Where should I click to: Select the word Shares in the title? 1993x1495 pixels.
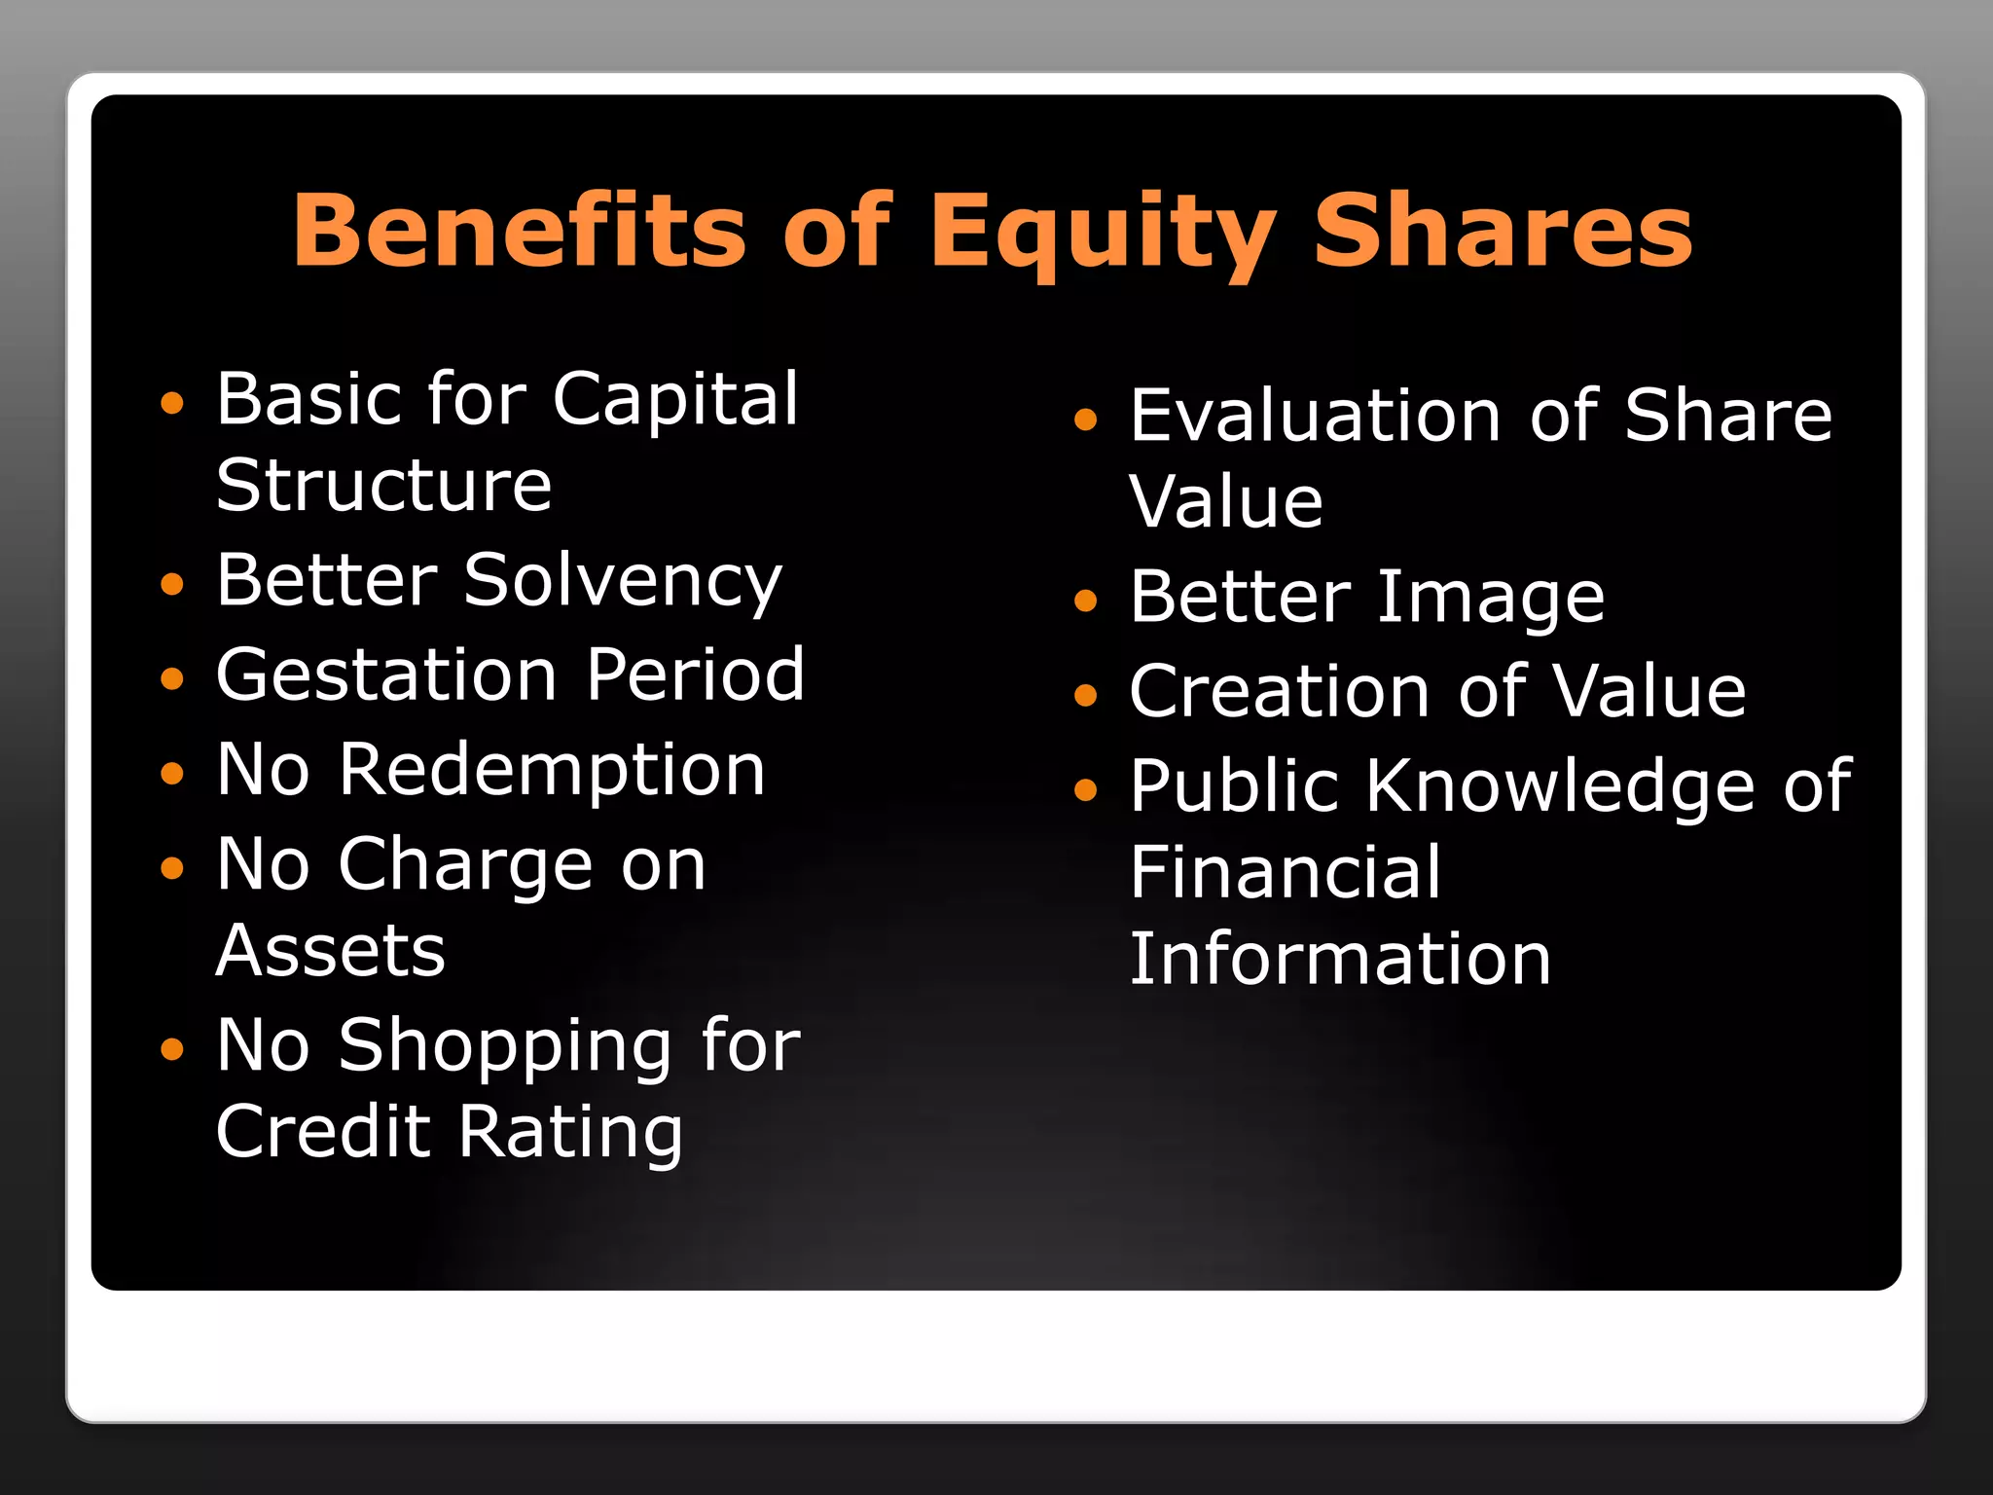[x=1503, y=231]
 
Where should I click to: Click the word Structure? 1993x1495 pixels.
[x=383, y=485]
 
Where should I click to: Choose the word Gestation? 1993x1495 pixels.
[x=386, y=675]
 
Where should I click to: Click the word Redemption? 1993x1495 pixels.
[x=552, y=770]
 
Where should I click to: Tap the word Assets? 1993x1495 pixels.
[x=330, y=950]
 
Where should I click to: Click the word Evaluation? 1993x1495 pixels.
[x=1316, y=416]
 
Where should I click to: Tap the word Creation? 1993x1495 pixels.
[x=1279, y=691]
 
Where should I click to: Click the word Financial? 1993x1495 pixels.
[x=1285, y=872]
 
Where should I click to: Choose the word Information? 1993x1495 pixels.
[x=1340, y=959]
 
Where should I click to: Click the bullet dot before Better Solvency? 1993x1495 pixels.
[x=172, y=584]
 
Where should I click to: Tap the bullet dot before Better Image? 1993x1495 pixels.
[x=1085, y=601]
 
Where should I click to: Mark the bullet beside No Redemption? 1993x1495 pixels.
[x=172, y=774]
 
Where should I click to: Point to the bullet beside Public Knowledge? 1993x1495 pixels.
[x=1085, y=789]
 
